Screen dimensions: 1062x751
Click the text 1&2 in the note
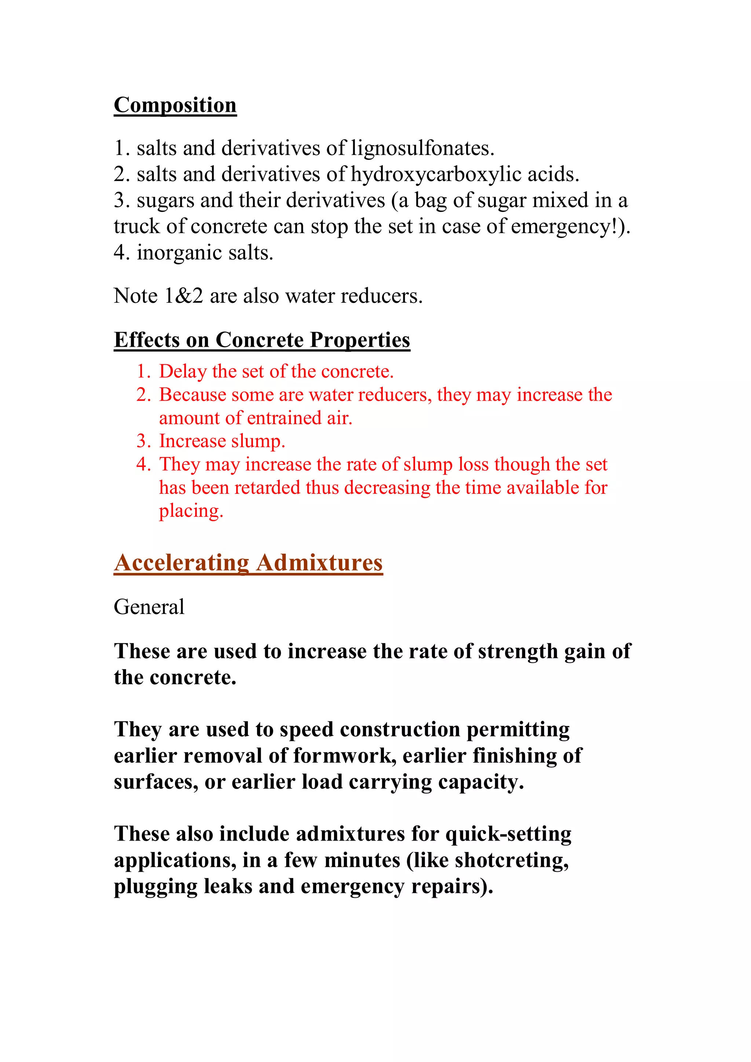(184, 296)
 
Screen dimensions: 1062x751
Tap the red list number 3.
(143, 441)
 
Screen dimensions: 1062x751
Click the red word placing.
(191, 511)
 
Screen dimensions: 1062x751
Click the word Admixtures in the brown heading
(319, 563)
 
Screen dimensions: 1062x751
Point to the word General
(149, 607)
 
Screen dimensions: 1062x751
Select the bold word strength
(518, 651)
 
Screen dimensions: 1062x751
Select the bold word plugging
(155, 887)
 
